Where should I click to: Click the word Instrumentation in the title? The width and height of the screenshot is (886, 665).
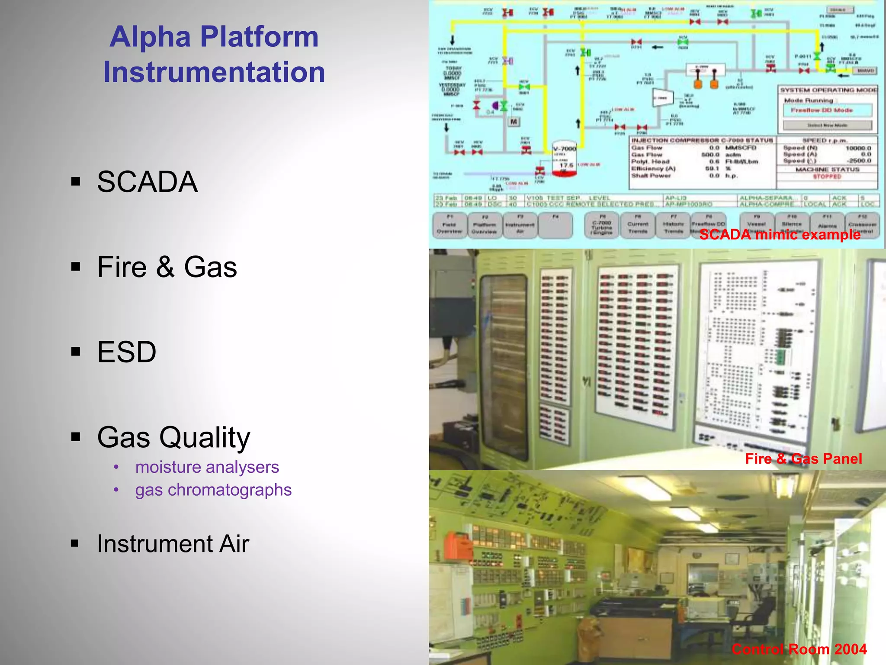click(x=214, y=72)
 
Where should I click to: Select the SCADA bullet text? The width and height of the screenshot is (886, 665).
click(x=147, y=182)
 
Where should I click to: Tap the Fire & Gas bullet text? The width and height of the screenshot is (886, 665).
click(x=167, y=267)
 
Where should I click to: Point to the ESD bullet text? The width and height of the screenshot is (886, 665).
click(x=126, y=352)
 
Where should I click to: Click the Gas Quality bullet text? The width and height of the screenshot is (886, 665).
click(x=173, y=437)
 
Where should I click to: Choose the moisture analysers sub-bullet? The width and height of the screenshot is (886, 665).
click(x=207, y=467)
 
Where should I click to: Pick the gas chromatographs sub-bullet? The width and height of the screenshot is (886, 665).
click(x=213, y=490)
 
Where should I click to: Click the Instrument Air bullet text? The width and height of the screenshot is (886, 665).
click(x=173, y=544)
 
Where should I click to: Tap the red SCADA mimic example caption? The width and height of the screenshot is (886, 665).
click(x=780, y=235)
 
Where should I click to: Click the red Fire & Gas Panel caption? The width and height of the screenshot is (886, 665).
click(x=803, y=458)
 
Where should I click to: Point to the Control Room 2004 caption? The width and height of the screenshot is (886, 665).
click(x=799, y=649)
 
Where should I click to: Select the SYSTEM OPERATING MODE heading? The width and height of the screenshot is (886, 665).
click(x=828, y=90)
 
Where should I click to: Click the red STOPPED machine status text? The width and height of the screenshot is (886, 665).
click(x=827, y=177)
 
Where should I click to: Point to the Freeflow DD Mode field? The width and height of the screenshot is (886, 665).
click(x=827, y=110)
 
